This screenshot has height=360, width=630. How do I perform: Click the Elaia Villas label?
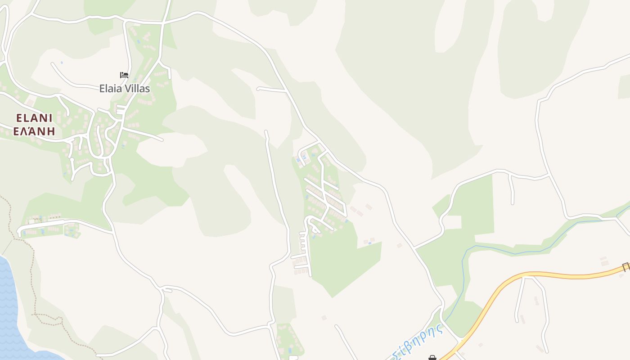click(x=125, y=89)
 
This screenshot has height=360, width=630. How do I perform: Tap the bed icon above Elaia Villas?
click(x=124, y=75)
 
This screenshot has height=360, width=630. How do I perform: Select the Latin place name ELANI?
click(x=34, y=118)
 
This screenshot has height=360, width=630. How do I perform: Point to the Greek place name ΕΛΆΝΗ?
click(x=34, y=131)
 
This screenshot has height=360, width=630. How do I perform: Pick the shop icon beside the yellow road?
click(x=432, y=358)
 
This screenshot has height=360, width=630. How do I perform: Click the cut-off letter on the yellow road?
click(x=626, y=266)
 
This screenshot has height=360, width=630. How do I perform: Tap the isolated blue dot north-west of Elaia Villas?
click(x=62, y=62)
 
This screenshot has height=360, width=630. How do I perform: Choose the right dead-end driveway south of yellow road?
click(x=546, y=315)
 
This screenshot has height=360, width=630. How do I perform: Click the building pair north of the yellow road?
click(x=604, y=261)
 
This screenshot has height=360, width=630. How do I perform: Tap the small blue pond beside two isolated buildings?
click(x=370, y=243)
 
